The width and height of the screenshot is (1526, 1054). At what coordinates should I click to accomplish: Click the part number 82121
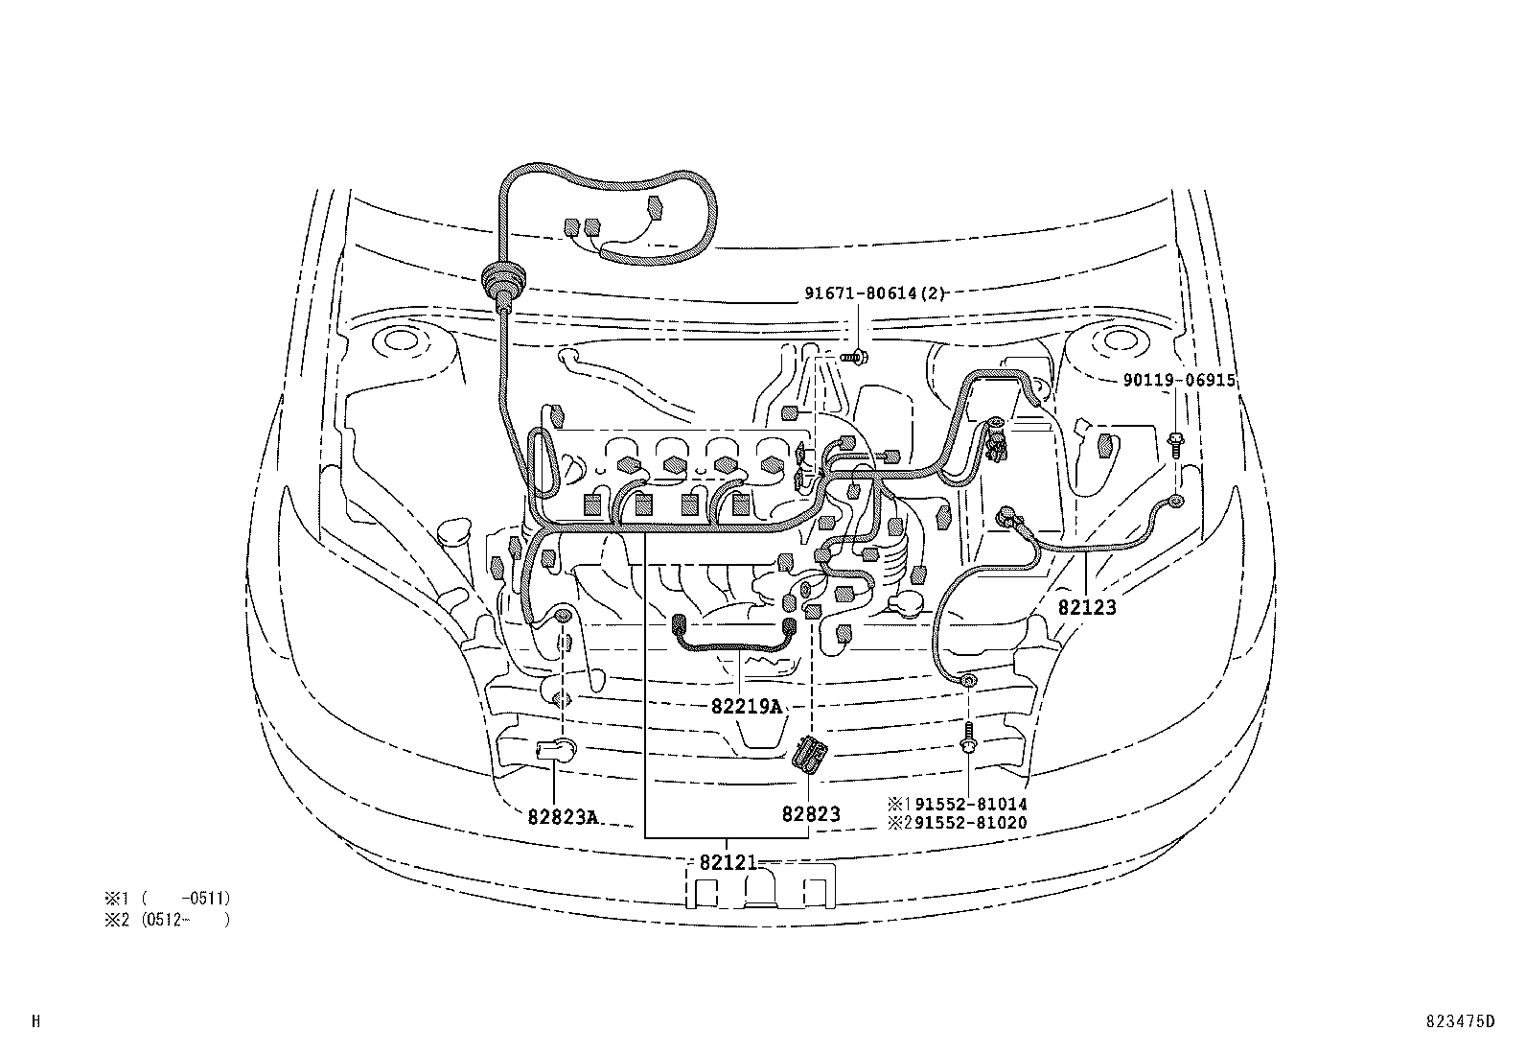tap(728, 862)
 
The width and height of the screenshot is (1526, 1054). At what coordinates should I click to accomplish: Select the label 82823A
tap(563, 817)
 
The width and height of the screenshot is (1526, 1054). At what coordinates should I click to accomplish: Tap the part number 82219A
tap(747, 707)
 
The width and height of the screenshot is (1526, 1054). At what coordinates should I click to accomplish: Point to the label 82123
tap(1087, 607)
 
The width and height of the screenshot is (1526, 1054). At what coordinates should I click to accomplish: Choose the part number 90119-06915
tap(1179, 381)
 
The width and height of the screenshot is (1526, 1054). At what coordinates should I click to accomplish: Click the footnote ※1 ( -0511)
tap(168, 899)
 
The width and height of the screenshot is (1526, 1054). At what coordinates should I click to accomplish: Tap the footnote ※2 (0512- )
tap(168, 919)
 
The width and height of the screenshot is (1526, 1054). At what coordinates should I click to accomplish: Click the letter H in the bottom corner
tap(35, 1021)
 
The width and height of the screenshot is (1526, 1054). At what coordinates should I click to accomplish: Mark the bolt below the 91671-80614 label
tap(855, 357)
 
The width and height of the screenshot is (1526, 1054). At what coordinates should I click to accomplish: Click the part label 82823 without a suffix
tap(810, 814)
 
